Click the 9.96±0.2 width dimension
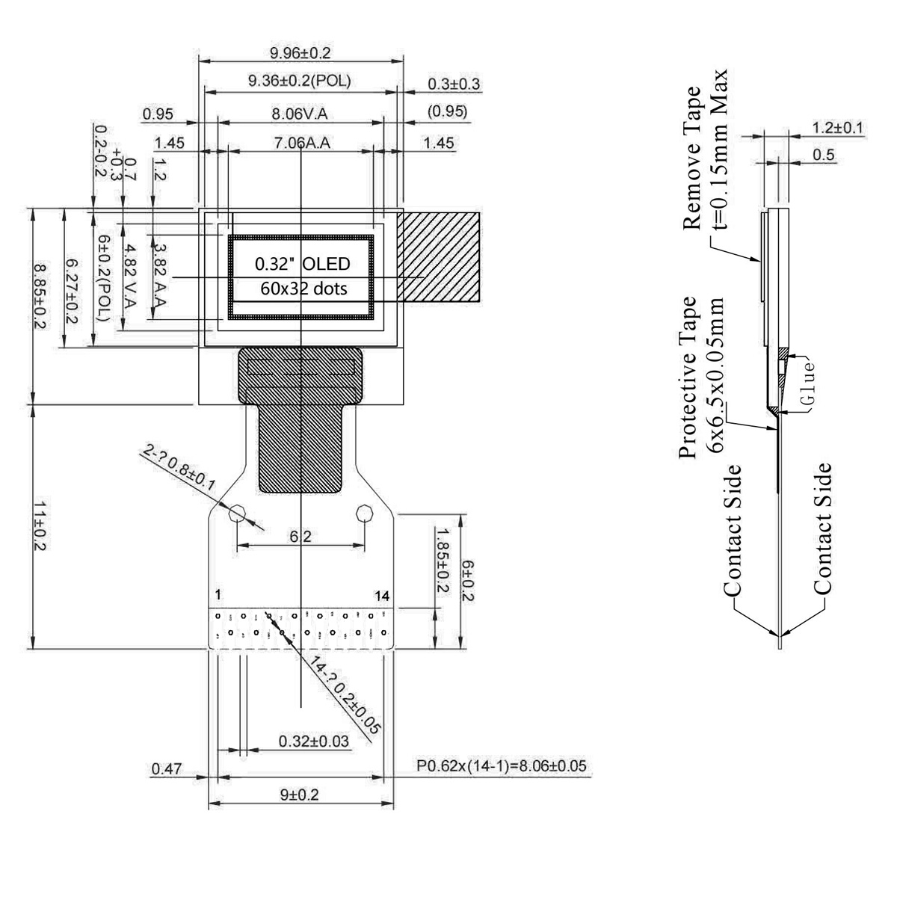[300, 53]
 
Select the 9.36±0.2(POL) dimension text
[300, 81]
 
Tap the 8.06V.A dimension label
[300, 114]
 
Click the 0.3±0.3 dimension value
[454, 84]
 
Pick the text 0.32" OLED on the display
[302, 264]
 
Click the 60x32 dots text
[302, 289]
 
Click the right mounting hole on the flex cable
[365, 513]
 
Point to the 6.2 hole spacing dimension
[300, 536]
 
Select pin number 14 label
[382, 596]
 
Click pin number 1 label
[217, 596]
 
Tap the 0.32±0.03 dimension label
[313, 742]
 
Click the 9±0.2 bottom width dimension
[300, 794]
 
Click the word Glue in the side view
[806, 381]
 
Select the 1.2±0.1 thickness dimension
[837, 128]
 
